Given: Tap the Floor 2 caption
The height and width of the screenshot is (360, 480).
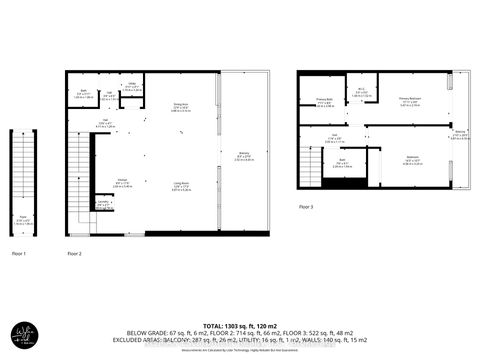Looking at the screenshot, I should (x=73, y=254).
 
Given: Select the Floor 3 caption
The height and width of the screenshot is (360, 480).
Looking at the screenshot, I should (x=304, y=207).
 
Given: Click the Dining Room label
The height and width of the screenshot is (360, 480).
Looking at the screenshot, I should (x=181, y=107).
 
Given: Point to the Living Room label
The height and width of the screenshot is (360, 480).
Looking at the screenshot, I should (x=181, y=184).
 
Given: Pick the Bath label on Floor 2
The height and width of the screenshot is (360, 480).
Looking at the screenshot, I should (x=85, y=95).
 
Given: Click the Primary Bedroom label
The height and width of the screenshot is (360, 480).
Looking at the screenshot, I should (x=410, y=100).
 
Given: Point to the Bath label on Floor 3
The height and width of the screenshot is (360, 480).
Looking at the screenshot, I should (x=341, y=164).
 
